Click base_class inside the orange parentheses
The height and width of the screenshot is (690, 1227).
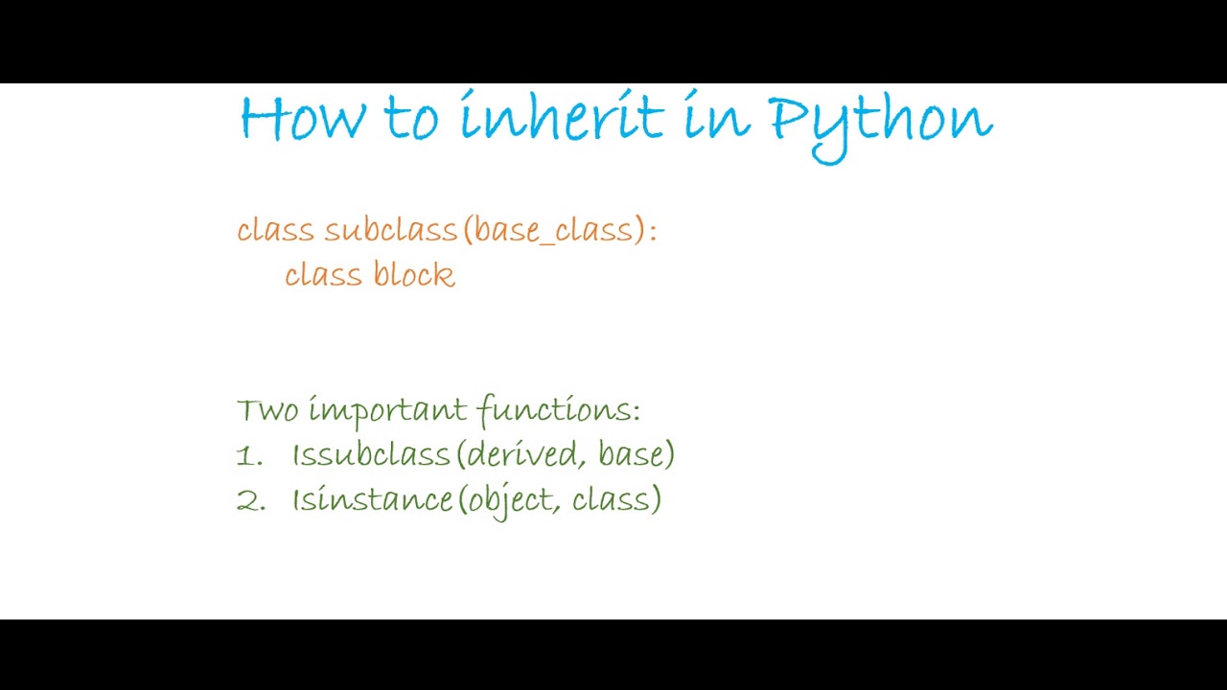coord(554,231)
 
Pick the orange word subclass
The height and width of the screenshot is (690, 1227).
coord(391,230)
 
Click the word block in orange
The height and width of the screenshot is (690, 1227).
coord(414,275)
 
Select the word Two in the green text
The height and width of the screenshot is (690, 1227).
coord(267,410)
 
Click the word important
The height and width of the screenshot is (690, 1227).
coord(388,411)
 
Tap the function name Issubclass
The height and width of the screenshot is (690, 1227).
coord(371,454)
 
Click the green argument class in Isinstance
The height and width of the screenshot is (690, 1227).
coord(611,499)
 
